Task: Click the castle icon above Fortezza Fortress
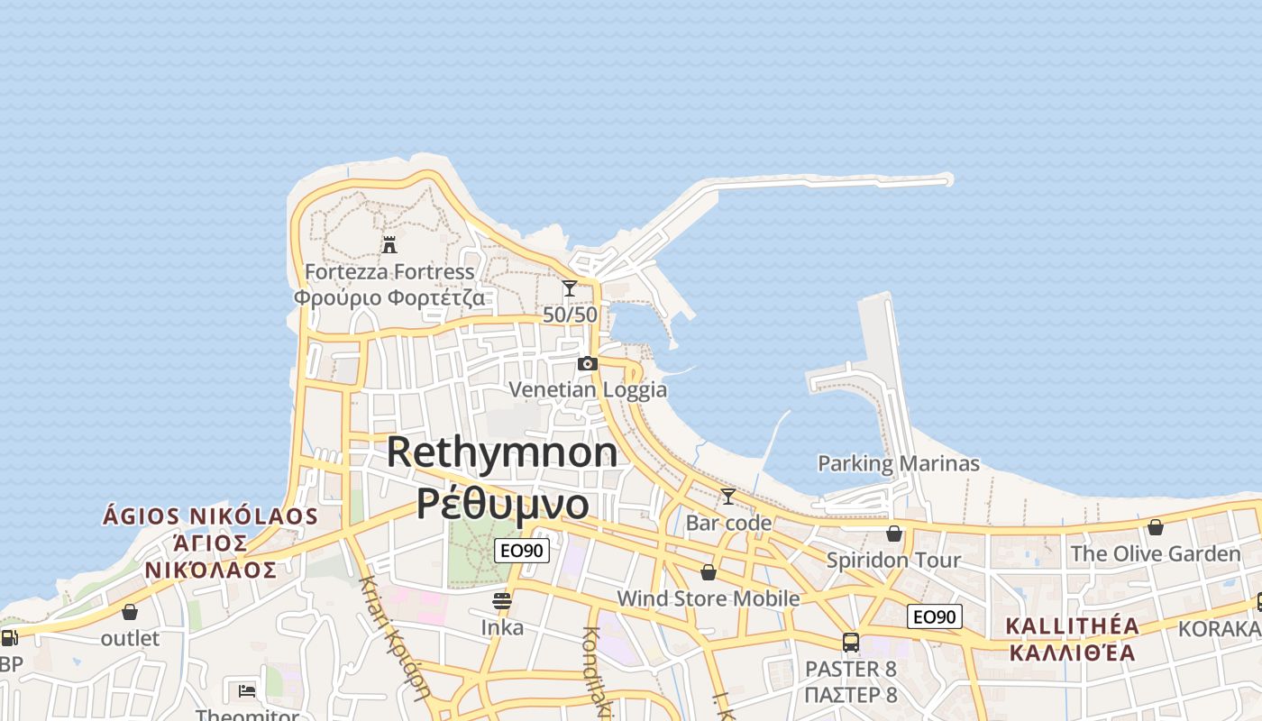point(389,244)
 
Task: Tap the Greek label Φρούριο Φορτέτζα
point(389,297)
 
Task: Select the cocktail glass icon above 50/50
point(569,288)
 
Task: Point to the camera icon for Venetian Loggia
point(588,363)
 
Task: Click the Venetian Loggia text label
point(588,389)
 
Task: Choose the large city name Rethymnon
point(502,452)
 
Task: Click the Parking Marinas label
point(898,463)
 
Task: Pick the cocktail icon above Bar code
point(727,497)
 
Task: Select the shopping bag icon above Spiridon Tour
point(894,534)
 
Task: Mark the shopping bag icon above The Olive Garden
point(1156,527)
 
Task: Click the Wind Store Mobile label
point(708,598)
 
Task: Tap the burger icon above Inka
point(502,601)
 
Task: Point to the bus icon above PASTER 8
point(850,643)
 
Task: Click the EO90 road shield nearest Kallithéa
point(934,616)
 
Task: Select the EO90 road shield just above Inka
point(522,550)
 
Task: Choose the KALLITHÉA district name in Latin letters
point(1072,626)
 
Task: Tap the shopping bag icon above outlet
point(130,612)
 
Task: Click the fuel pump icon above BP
point(10,638)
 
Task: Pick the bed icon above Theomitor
point(247,691)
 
